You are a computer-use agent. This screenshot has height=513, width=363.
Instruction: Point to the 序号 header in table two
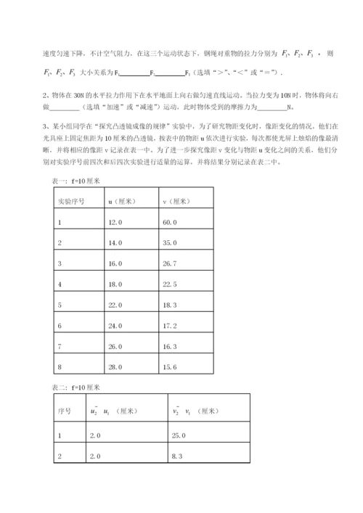[x=63, y=411]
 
